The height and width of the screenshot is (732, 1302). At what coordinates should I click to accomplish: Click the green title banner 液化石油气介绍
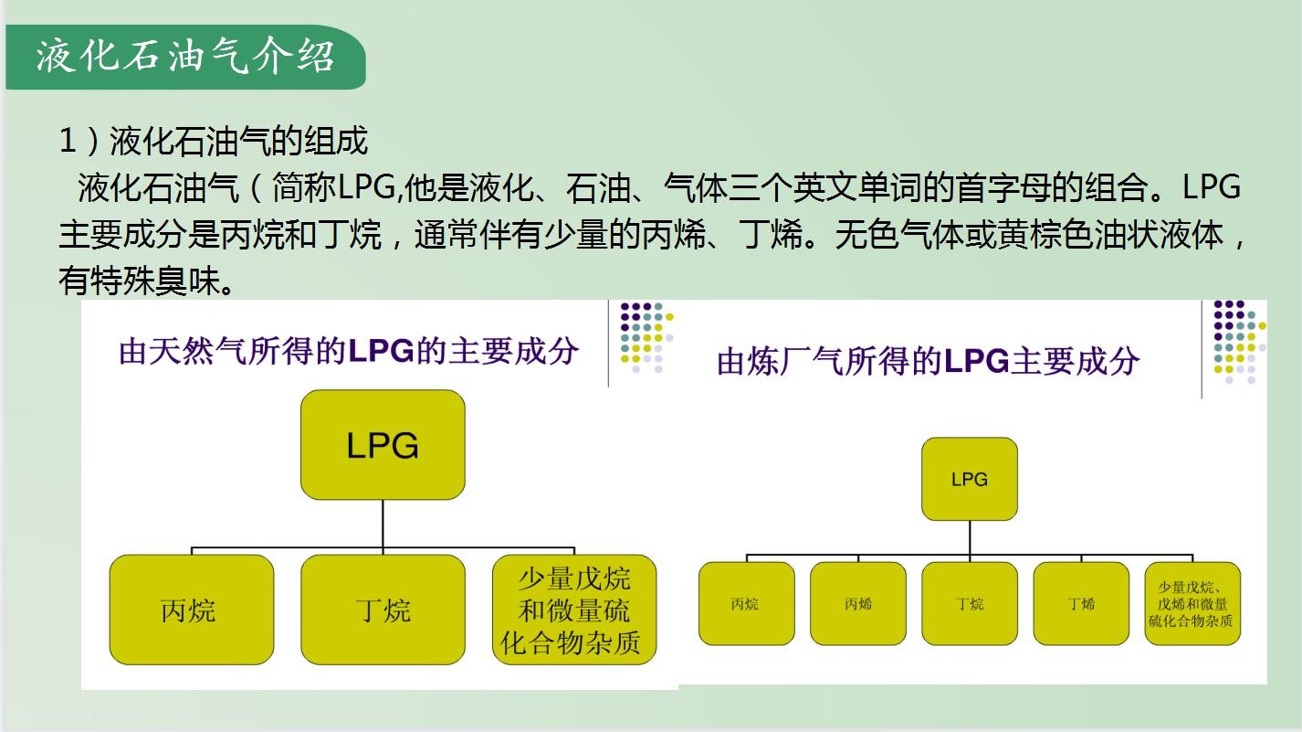185,57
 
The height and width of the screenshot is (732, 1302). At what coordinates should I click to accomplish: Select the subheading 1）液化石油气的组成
214,141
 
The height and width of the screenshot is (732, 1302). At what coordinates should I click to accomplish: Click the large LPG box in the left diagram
383,444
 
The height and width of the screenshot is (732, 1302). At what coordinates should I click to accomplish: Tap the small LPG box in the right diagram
970,479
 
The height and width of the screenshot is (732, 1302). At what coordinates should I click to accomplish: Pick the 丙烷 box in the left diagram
191,610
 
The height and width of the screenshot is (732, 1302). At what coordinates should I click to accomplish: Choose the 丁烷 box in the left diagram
383,610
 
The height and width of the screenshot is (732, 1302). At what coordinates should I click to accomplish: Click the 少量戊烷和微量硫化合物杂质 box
574,610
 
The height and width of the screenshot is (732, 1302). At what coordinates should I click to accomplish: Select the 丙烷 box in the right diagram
746,603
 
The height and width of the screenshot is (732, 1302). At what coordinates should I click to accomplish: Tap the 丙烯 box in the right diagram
858,603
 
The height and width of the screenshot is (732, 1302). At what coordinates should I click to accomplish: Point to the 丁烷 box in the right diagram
970,603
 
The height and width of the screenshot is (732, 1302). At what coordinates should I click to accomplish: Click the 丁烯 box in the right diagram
1081,603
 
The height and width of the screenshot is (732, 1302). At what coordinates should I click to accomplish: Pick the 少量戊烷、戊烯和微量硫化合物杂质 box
1192,603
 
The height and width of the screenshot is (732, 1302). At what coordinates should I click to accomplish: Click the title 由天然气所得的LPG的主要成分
349,352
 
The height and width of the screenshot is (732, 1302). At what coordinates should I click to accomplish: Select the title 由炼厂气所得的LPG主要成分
929,361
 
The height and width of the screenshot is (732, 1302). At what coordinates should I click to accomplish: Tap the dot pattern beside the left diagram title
646,337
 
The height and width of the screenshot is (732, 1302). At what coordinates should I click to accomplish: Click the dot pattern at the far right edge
1240,342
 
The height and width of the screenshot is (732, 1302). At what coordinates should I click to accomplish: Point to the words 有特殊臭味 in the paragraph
139,281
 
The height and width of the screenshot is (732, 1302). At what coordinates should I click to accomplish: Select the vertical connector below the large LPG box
383,524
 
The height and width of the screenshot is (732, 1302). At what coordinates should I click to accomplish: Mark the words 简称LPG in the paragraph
333,187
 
